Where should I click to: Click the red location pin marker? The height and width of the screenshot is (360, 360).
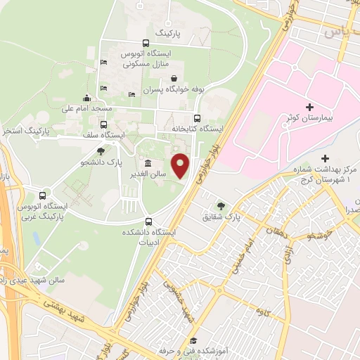tap(181, 167)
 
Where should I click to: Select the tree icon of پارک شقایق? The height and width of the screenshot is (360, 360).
tap(221, 205)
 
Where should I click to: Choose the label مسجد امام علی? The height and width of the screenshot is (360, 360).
tap(86, 109)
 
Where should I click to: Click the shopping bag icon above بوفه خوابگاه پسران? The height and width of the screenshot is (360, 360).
tap(173, 78)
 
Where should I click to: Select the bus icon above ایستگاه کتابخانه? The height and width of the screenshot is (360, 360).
tap(196, 118)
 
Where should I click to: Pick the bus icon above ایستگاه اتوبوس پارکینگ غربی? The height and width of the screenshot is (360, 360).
tap(44, 195)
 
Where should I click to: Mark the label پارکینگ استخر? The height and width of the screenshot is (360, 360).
tap(25, 131)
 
